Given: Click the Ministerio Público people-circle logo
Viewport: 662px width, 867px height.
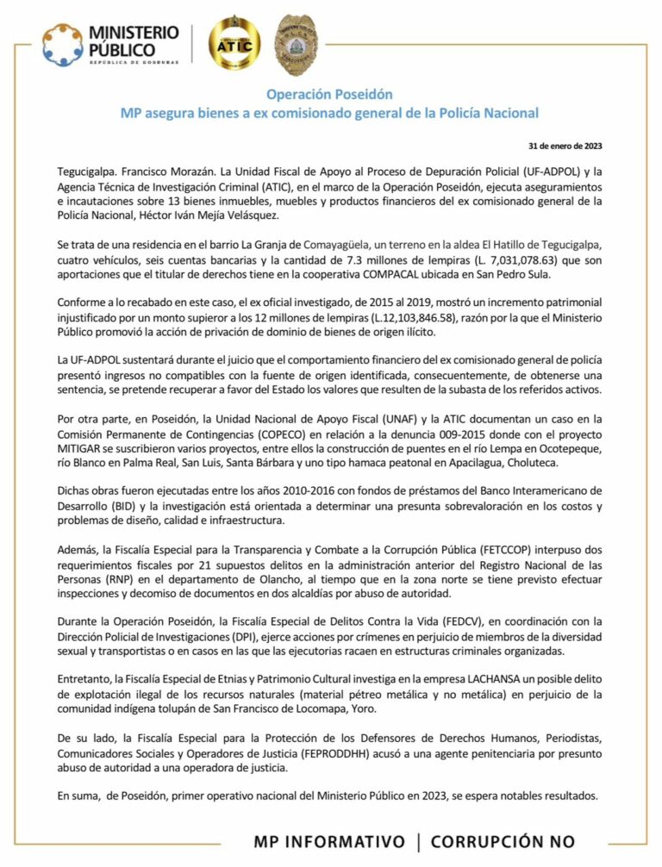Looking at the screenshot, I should (x=63, y=44).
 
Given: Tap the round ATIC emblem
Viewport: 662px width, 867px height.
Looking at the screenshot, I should (x=234, y=41).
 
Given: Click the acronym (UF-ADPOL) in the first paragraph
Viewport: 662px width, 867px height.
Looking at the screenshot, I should (x=522, y=172).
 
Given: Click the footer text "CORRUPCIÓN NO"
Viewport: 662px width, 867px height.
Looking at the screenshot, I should (x=503, y=841).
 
